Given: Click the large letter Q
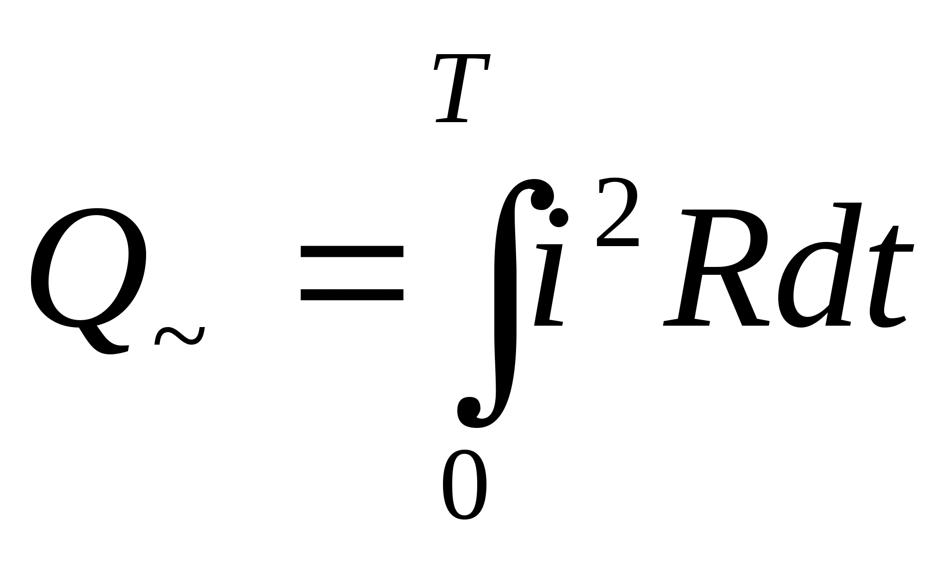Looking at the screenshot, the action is pos(88,268).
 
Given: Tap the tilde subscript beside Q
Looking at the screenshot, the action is pos(179,336).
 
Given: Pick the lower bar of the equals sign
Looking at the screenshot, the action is pos(352,295).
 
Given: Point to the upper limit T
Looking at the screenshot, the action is pos(461,88).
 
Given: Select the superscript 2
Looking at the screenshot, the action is pos(618,213).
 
